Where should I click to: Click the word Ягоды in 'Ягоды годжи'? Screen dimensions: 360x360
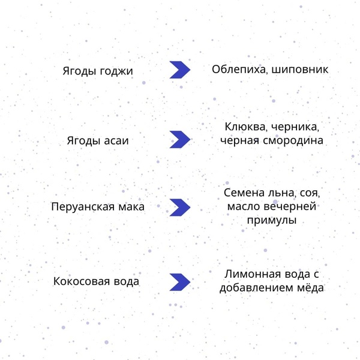click(x=79, y=71)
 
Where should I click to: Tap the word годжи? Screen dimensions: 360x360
click(x=116, y=71)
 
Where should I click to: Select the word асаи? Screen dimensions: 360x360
click(x=116, y=141)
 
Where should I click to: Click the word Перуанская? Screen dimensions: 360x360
click(x=83, y=207)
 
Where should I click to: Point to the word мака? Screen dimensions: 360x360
click(x=131, y=207)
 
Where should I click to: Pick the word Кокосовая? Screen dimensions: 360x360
click(x=82, y=281)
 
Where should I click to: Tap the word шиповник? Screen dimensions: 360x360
click(x=300, y=70)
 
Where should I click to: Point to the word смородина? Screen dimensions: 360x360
click(x=293, y=141)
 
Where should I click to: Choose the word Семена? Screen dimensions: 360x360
click(x=244, y=193)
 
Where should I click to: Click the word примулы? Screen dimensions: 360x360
click(x=272, y=220)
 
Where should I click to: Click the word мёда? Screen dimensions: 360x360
click(x=311, y=288)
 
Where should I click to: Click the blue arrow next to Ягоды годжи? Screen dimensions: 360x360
click(x=180, y=70)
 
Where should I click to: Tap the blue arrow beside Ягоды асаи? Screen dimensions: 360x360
click(x=180, y=139)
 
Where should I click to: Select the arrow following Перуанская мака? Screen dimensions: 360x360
click(x=180, y=208)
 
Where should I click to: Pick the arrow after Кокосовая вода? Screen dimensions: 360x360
click(x=180, y=282)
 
